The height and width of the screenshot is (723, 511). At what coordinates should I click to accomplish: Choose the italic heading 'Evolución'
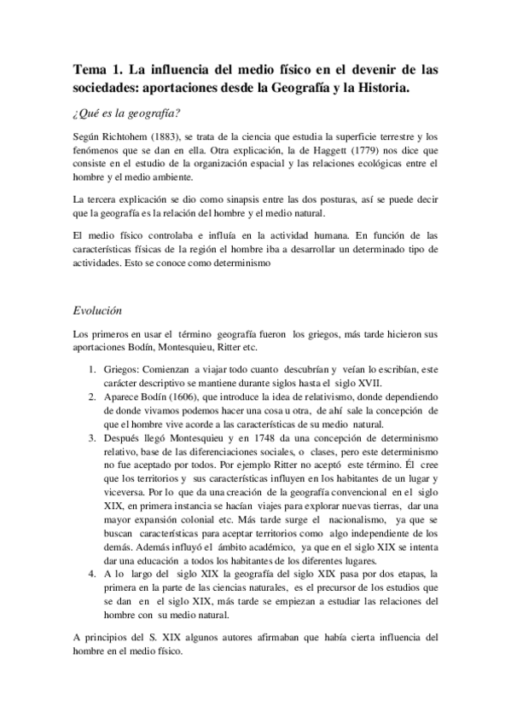(x=99, y=311)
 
